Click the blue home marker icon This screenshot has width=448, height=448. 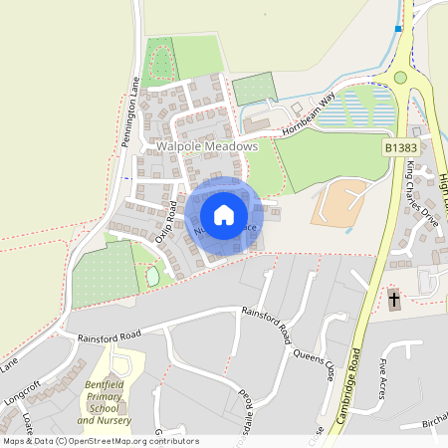click(x=224, y=215)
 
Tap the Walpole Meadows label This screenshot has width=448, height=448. click(x=207, y=146)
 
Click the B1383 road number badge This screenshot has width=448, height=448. click(x=400, y=147)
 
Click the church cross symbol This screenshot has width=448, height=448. click(x=393, y=300)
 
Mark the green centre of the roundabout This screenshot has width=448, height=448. click(x=400, y=77)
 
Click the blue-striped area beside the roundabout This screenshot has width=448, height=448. click(x=364, y=106)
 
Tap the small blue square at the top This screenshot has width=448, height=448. click(x=398, y=29)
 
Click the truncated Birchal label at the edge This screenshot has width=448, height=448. click(x=435, y=422)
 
